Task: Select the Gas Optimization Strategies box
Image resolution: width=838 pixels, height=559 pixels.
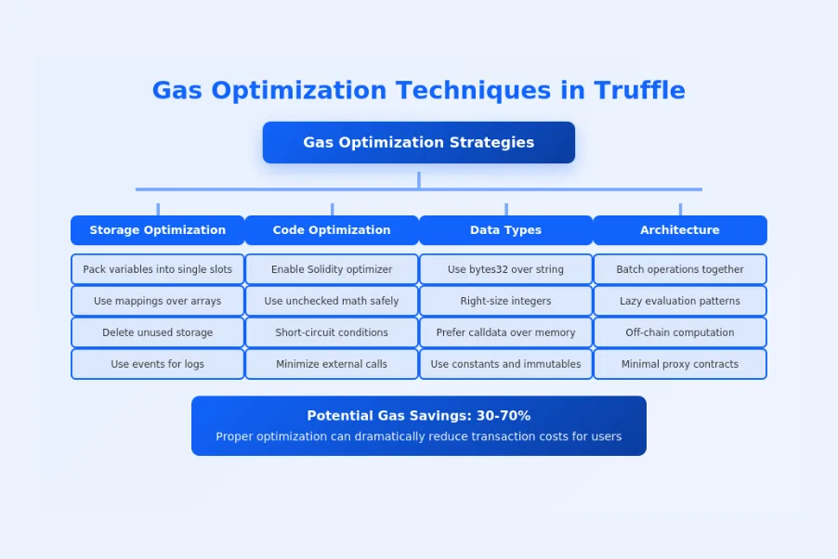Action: (418, 142)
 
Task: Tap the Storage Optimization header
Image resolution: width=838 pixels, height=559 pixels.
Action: (157, 230)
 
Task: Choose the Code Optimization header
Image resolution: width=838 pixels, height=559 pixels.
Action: (332, 230)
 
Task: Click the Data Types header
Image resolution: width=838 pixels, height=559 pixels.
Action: (505, 230)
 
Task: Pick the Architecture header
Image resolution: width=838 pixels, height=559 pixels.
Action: (679, 230)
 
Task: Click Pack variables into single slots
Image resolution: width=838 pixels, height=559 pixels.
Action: (157, 269)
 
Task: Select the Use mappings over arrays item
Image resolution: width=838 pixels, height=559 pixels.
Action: (157, 301)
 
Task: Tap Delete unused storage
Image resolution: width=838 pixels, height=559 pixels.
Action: (157, 332)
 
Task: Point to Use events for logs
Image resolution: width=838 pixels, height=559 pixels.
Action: (157, 364)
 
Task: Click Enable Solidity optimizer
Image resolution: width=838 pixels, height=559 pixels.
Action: (332, 269)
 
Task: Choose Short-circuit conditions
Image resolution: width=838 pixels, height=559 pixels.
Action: (332, 332)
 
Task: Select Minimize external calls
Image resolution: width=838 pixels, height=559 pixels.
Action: (332, 364)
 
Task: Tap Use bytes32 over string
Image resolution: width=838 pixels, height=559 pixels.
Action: (505, 269)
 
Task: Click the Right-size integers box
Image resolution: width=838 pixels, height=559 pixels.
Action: (505, 301)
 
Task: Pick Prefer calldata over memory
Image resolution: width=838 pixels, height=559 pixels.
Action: (505, 332)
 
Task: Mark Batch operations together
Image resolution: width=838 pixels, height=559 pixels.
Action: (679, 269)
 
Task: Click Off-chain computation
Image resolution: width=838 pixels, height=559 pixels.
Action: (679, 332)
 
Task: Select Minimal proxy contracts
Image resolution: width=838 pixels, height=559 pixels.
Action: (679, 364)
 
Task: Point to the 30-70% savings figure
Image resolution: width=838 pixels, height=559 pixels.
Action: (500, 416)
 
